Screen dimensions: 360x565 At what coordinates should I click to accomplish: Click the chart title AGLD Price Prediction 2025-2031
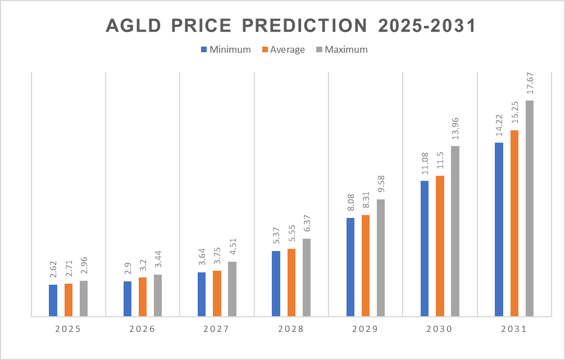(x=282, y=26)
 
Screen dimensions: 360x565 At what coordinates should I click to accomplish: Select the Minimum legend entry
(x=226, y=49)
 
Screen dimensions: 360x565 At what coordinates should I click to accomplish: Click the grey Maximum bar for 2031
(x=530, y=208)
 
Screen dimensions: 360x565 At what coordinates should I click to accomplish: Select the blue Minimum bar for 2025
(x=53, y=300)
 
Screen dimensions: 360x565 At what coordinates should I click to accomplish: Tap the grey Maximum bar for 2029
(x=381, y=258)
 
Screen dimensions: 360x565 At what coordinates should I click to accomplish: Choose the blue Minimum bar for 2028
(x=276, y=284)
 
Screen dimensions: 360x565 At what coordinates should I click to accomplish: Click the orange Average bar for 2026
(x=143, y=297)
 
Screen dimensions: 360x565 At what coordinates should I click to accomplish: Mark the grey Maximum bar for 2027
(x=232, y=289)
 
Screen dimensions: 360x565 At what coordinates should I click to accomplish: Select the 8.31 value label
(x=366, y=199)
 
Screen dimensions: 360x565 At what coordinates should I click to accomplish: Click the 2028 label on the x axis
(x=291, y=329)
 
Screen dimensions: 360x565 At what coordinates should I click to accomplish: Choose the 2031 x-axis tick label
(x=514, y=329)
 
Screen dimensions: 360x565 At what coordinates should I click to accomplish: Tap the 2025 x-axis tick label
(x=68, y=329)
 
